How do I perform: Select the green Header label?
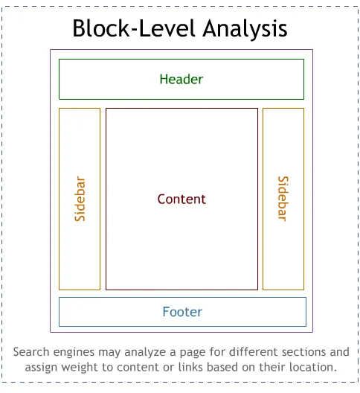pyautogui.click(x=181, y=79)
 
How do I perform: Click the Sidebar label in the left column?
pyautogui.click(x=80, y=199)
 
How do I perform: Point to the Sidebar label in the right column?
pyautogui.click(x=283, y=199)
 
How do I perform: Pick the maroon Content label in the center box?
pyautogui.click(x=181, y=199)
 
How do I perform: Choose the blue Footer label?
pyautogui.click(x=182, y=312)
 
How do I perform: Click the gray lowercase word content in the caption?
pyautogui.click(x=136, y=368)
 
